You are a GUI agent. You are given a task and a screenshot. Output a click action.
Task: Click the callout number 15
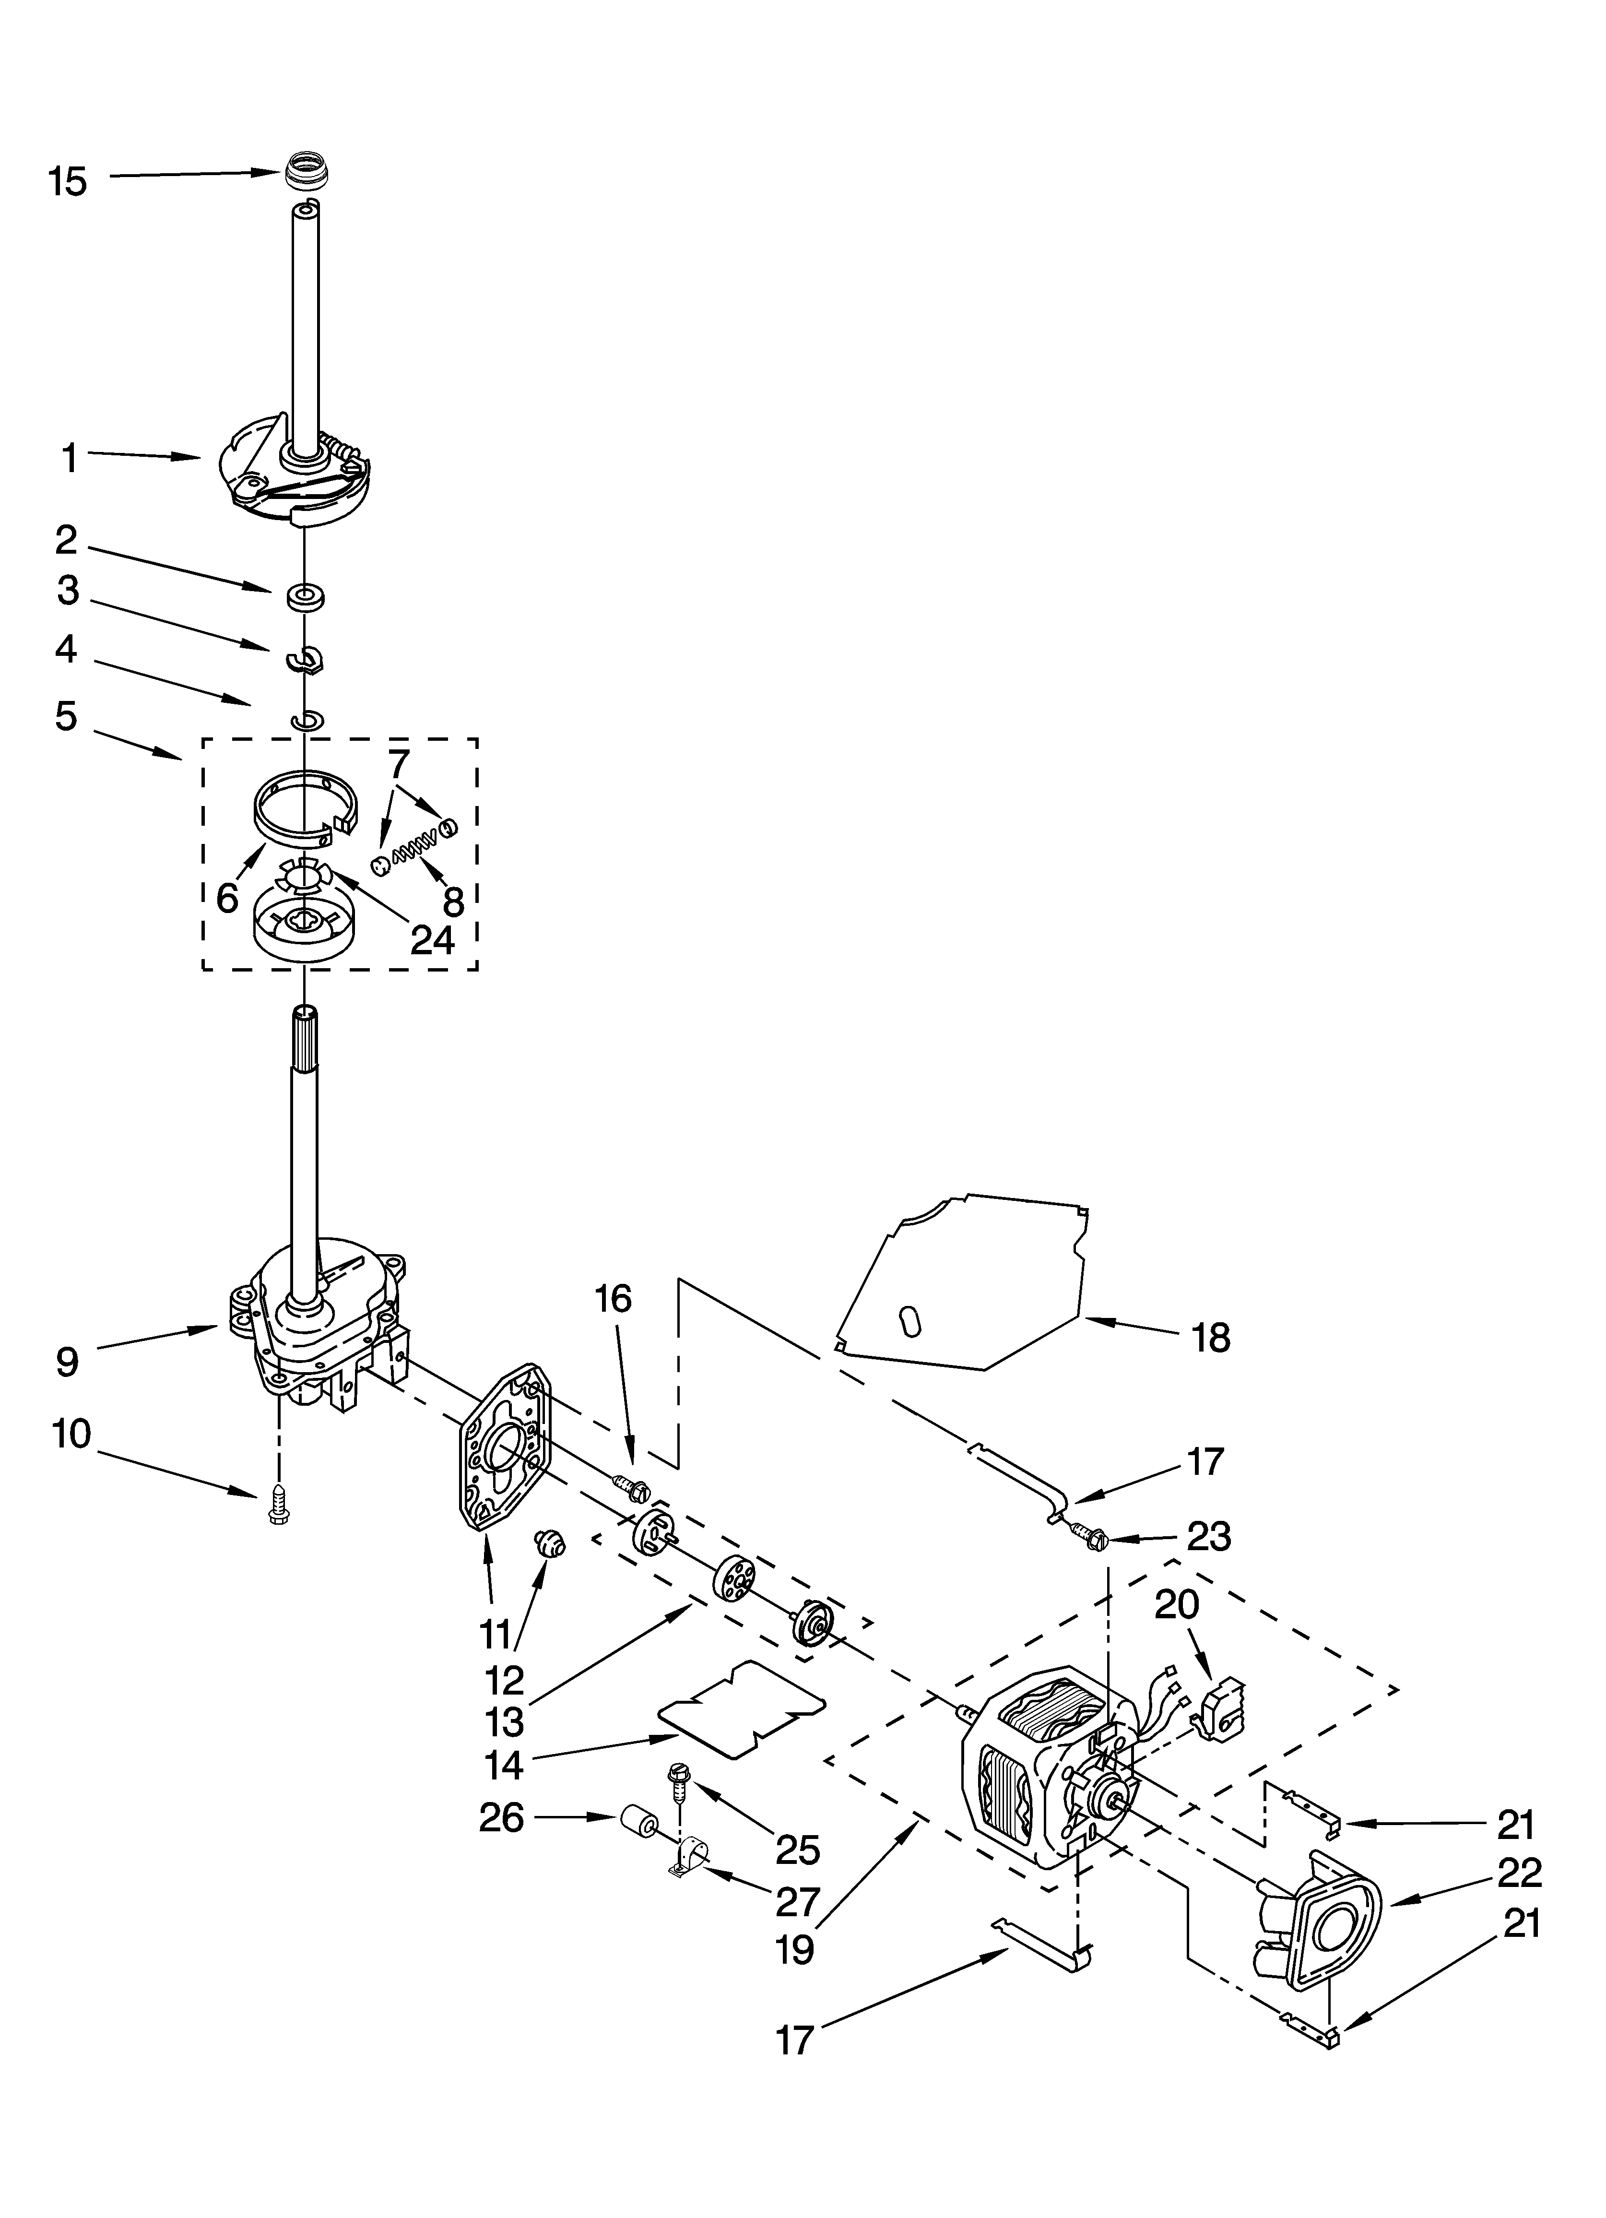(x=68, y=182)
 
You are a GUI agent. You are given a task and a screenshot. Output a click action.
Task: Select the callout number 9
(x=67, y=1361)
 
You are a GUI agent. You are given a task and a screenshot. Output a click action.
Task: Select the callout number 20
(x=1177, y=1605)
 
